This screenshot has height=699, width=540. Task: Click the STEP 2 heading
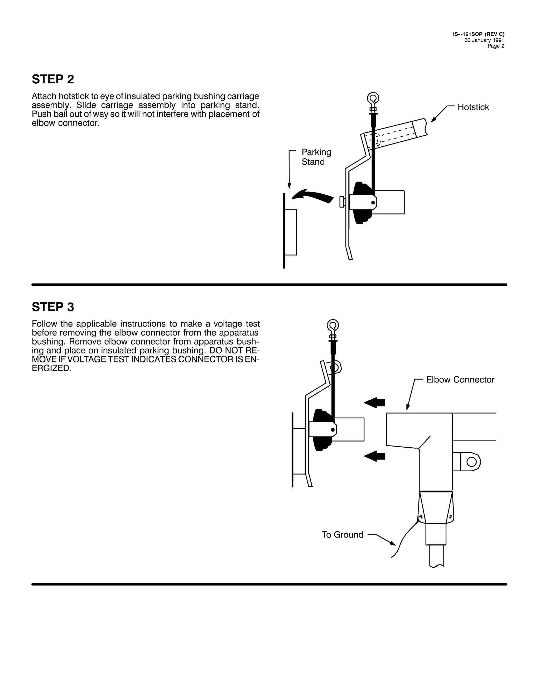pyautogui.click(x=53, y=79)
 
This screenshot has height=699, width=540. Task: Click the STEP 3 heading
pyautogui.click(x=53, y=307)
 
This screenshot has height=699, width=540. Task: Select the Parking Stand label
pyautogui.click(x=316, y=157)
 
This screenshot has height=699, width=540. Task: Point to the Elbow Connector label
pyautogui.click(x=460, y=380)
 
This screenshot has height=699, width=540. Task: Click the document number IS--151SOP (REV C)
pyautogui.click(x=479, y=34)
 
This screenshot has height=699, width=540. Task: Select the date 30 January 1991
pyautogui.click(x=484, y=40)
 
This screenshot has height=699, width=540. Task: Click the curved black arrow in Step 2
pyautogui.click(x=312, y=195)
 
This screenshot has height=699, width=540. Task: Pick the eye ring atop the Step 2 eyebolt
pyautogui.click(x=373, y=98)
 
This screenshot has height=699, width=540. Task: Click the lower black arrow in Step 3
pyautogui.click(x=375, y=456)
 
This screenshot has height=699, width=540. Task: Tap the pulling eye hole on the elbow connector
pyautogui.click(x=471, y=462)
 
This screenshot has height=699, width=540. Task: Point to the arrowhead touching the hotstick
pyautogui.click(x=433, y=120)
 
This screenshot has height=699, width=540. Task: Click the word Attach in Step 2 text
pyautogui.click(x=44, y=96)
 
